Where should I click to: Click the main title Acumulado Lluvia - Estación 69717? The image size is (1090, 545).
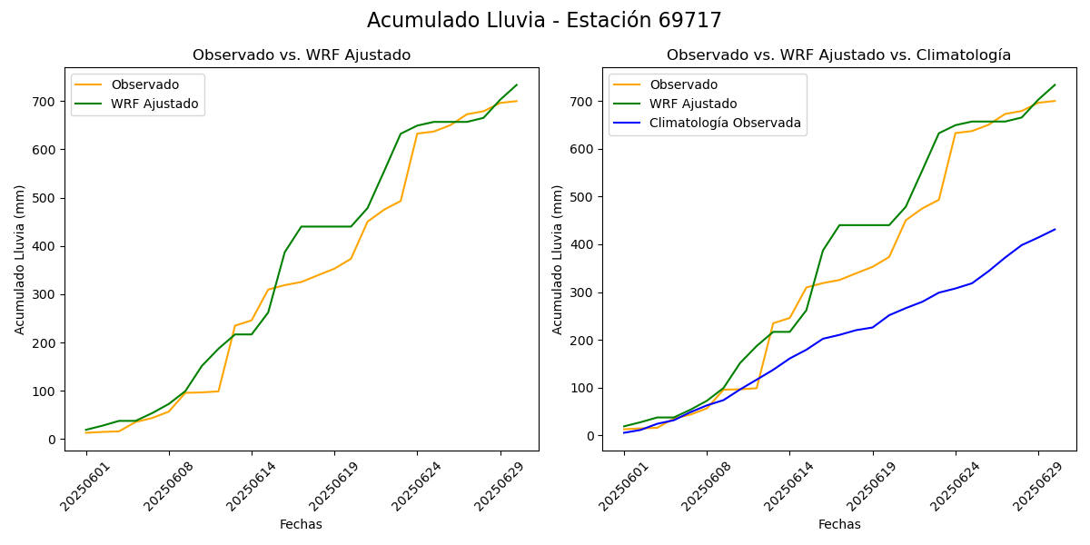(x=544, y=21)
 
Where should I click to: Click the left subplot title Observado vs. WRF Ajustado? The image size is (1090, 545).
(x=301, y=55)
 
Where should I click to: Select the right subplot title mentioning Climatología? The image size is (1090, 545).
(x=838, y=55)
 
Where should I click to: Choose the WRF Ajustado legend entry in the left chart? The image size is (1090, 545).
(x=154, y=104)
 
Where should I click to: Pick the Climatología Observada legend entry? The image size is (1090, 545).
(x=725, y=124)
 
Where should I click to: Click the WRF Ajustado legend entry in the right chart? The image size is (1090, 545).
(x=693, y=104)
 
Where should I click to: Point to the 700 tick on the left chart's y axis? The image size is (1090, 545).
(x=46, y=101)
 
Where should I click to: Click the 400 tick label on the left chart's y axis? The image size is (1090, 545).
(x=46, y=246)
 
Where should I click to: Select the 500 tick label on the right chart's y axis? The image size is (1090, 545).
(x=584, y=197)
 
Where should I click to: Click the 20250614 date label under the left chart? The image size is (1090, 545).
(x=247, y=484)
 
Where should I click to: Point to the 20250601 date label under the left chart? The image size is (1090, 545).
(x=81, y=484)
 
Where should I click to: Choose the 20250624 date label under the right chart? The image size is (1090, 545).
(x=951, y=484)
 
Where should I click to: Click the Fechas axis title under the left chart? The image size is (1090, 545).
(x=301, y=525)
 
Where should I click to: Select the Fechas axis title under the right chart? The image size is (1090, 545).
(x=838, y=525)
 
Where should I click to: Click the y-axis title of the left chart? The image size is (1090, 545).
(x=20, y=259)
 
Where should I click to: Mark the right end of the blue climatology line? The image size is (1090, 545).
(x=1055, y=229)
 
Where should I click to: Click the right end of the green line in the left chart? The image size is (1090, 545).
(x=517, y=84)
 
